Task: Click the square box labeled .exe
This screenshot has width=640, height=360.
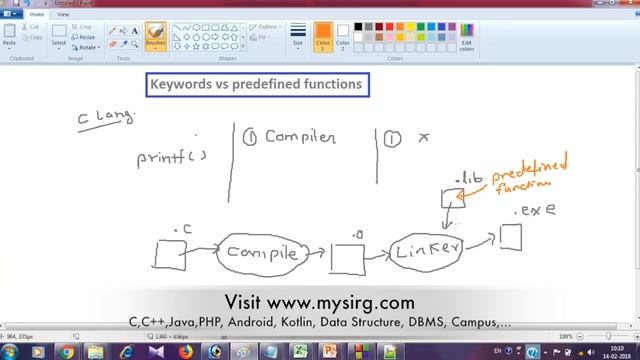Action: (x=510, y=237)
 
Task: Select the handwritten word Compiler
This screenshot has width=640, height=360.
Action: (x=299, y=138)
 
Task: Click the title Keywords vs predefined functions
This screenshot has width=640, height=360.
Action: (x=257, y=85)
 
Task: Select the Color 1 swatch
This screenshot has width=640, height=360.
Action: (x=323, y=36)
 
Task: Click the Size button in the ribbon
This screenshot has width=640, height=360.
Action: (x=298, y=38)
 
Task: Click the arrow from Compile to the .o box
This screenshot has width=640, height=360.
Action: (x=315, y=255)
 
